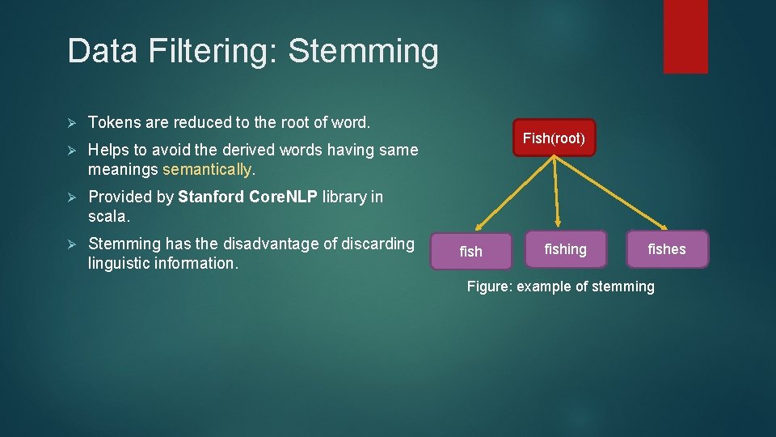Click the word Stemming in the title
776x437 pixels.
click(363, 52)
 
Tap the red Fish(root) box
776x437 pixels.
click(554, 138)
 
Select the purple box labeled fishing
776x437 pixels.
click(565, 249)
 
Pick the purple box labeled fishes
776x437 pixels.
click(667, 249)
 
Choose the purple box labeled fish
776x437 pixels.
click(471, 251)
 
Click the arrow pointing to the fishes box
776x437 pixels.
click(611, 193)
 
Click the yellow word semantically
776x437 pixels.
click(208, 170)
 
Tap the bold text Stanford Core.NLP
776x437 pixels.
click(247, 197)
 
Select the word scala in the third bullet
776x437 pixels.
click(107, 217)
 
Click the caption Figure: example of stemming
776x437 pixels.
click(561, 286)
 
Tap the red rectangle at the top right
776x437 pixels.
click(685, 36)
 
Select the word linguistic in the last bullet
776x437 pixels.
click(120, 264)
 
